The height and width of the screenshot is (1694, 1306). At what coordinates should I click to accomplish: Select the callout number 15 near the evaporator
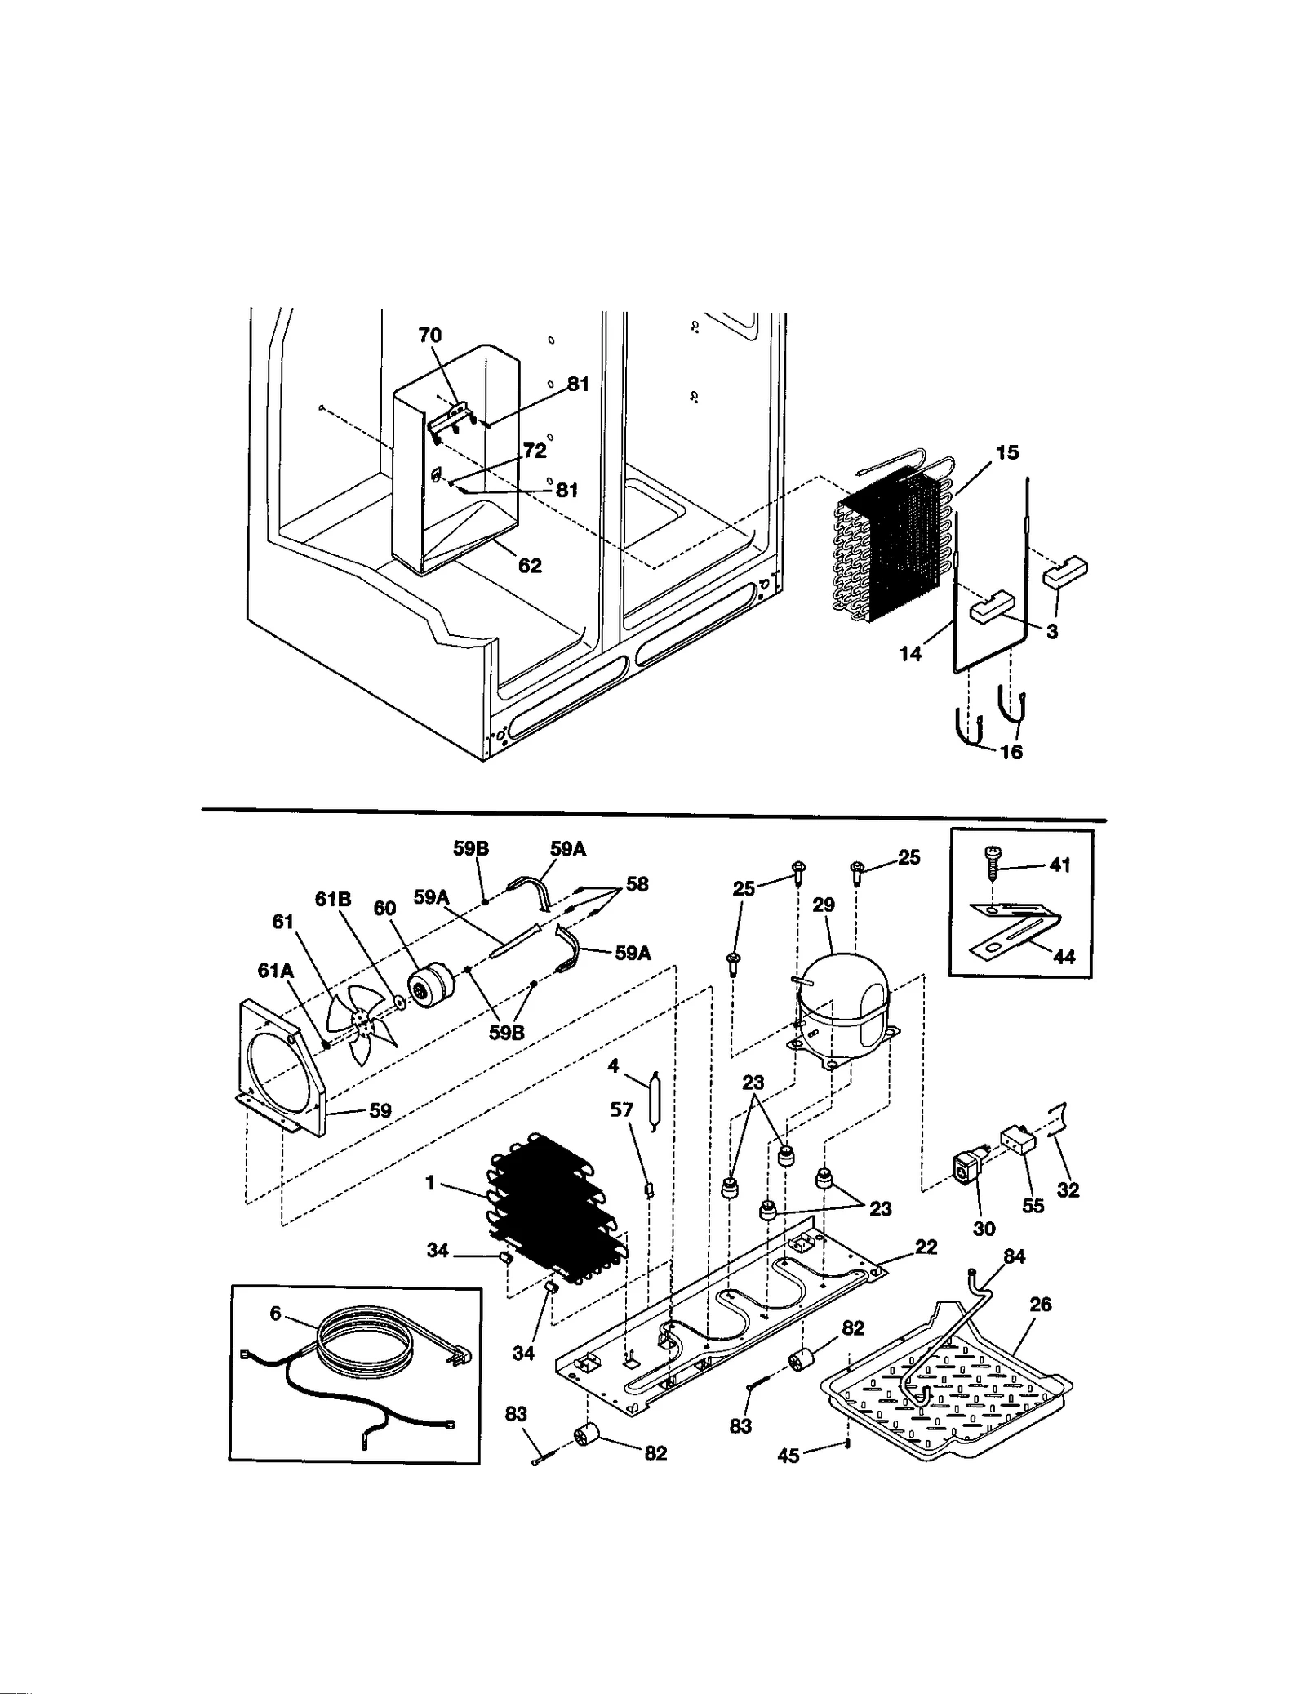(1007, 452)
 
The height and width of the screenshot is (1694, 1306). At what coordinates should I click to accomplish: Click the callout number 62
(530, 566)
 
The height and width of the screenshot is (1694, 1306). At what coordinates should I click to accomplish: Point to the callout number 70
(429, 336)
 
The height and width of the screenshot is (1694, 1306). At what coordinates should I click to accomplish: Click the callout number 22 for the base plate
(926, 1247)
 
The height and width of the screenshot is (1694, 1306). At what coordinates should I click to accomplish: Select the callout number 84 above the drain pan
(1014, 1257)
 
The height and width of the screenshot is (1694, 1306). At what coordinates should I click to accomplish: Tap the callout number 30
(984, 1228)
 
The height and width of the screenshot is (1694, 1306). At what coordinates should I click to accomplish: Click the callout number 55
(1033, 1205)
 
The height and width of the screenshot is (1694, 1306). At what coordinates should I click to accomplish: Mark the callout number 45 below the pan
(788, 1456)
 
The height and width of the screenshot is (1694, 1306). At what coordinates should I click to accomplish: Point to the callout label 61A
(275, 970)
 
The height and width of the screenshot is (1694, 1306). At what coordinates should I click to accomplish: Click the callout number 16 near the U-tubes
(1011, 752)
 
